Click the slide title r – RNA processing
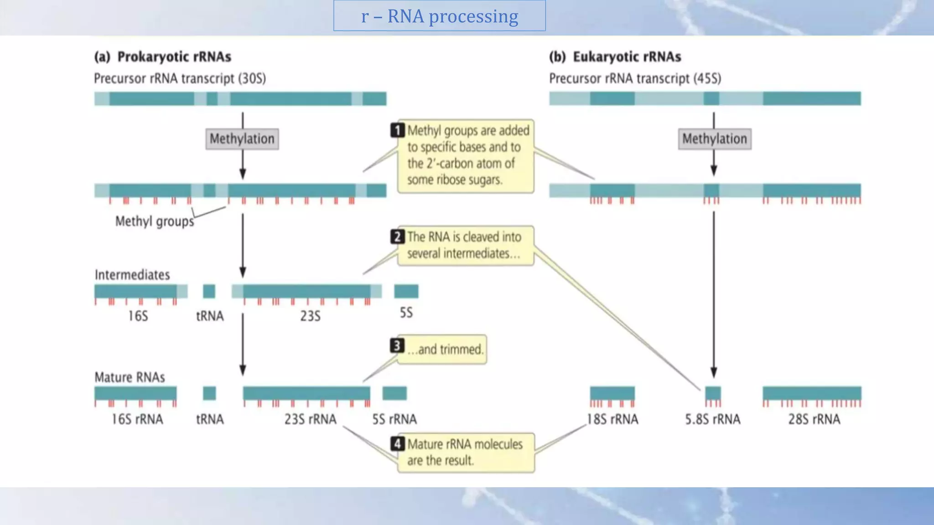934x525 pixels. click(439, 16)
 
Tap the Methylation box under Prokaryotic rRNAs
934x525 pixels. click(242, 139)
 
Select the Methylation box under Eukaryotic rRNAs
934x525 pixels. click(714, 139)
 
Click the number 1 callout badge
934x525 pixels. click(397, 130)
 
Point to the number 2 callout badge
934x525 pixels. click(397, 237)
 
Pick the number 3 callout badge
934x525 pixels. click(397, 346)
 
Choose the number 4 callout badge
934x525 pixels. click(397, 443)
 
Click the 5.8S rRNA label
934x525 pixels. click(712, 419)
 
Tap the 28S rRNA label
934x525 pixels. click(814, 419)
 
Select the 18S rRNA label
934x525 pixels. click(612, 419)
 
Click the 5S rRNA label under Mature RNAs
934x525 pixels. click(394, 419)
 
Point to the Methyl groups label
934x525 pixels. click(154, 221)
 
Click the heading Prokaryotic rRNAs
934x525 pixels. click(174, 57)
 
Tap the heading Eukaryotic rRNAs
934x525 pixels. click(627, 57)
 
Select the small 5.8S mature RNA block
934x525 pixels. click(713, 393)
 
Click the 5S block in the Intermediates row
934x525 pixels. click(406, 291)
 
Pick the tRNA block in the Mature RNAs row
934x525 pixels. click(209, 393)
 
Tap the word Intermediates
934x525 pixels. click(132, 275)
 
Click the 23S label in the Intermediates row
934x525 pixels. click(310, 316)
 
